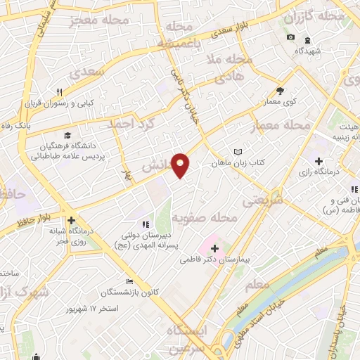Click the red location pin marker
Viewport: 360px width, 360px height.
[x=181, y=165]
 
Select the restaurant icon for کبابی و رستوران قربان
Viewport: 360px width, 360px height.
[x=60, y=92]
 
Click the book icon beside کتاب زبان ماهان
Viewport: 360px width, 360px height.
[x=238, y=151]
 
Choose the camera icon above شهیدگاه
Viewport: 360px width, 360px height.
[x=290, y=37]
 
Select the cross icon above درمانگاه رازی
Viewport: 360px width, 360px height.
[x=319, y=161]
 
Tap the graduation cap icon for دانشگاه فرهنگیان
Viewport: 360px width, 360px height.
[x=67, y=136]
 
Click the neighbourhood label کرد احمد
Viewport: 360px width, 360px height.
[x=130, y=123]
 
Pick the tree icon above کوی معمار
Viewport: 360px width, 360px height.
[x=280, y=91]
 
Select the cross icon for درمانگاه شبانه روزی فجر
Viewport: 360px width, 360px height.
[x=72, y=220]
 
